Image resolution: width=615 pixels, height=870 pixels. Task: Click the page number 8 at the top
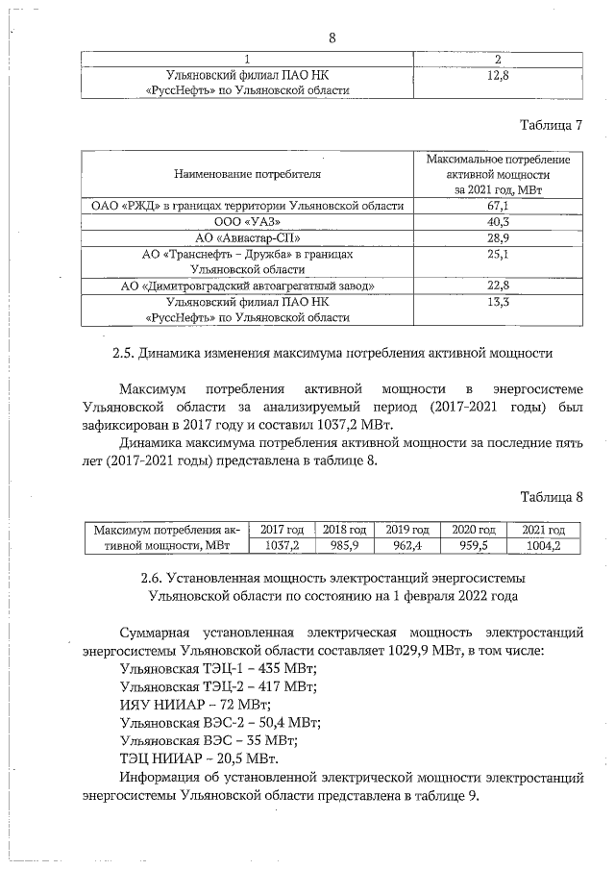pos(332,39)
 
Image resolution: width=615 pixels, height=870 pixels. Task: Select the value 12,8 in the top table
pos(497,74)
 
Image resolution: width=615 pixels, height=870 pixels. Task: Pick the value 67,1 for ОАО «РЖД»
pos(497,206)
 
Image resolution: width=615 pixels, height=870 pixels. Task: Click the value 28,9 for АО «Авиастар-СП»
pos(497,236)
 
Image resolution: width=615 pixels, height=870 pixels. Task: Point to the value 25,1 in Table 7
pos(497,253)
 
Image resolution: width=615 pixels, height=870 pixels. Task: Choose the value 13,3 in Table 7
pos(497,301)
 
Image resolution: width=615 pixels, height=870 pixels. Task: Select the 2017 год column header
pos(282,530)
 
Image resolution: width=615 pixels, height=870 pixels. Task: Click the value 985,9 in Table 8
pos(343,545)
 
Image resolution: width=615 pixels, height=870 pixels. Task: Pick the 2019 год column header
pos(406,530)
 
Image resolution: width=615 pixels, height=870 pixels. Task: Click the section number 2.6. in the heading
pos(153,579)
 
